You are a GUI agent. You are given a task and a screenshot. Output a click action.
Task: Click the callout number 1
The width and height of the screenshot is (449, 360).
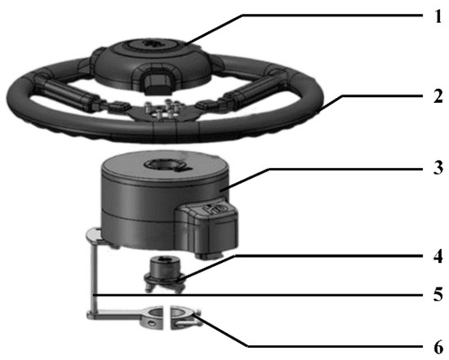438,16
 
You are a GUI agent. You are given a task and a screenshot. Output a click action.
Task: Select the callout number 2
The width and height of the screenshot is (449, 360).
438,96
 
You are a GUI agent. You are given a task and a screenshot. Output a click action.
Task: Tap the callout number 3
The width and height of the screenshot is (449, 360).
438,167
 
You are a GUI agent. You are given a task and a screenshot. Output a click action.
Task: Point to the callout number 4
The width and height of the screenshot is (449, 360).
438,256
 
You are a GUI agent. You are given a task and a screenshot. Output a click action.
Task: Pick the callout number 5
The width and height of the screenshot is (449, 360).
438,294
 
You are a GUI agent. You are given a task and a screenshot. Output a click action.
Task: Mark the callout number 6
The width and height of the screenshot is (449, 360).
438,347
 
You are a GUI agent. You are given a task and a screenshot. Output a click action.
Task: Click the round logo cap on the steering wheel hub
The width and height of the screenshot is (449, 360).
154,43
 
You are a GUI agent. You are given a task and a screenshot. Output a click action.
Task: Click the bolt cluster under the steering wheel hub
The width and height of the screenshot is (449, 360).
162,110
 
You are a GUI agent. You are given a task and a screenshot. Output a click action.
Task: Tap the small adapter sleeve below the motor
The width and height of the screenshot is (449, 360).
164,273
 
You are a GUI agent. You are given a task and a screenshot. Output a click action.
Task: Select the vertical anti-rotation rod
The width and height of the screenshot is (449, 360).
94,277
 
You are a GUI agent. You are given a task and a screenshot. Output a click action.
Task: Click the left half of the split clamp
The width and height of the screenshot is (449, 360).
135,317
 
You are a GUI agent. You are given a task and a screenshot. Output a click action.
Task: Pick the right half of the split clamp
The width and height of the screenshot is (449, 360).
184,318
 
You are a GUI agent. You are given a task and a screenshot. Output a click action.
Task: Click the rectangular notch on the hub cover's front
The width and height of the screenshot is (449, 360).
158,82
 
